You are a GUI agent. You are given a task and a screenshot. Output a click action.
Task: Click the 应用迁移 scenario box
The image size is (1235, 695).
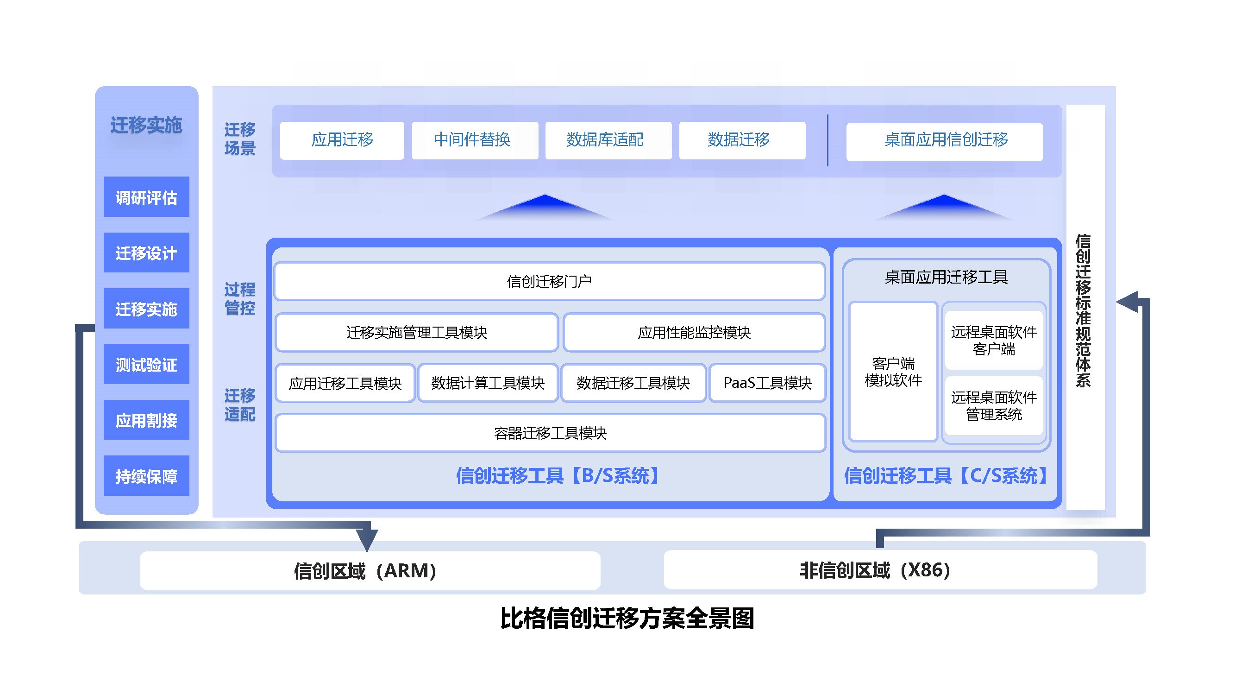[342, 140]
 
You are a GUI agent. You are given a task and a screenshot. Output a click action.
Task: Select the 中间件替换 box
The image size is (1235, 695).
[475, 140]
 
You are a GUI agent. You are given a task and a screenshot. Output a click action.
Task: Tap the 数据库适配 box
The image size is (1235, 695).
[608, 140]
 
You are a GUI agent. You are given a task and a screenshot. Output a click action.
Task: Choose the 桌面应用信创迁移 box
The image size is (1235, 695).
[944, 141]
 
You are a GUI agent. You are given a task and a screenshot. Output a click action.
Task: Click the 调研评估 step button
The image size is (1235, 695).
[146, 196]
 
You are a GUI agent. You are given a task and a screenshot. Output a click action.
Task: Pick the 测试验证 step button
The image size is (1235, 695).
[146, 364]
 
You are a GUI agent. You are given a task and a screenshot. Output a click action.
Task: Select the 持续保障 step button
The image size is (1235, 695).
[146, 475]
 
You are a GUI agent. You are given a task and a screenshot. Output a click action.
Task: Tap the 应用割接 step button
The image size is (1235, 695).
[146, 420]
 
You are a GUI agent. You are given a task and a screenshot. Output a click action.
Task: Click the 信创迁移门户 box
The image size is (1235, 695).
[549, 281]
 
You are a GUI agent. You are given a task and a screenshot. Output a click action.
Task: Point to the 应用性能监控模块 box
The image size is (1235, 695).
[694, 332]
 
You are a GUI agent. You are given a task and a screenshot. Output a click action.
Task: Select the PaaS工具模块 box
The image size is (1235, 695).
[767, 383]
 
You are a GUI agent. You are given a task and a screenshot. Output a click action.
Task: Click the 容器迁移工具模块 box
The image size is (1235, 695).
[550, 433]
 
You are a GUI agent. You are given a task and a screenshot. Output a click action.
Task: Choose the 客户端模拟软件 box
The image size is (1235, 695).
[893, 371]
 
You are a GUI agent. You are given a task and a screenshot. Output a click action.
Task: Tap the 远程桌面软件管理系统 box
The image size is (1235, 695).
[993, 406]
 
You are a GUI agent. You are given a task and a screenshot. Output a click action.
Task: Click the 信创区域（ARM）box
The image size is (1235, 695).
[370, 570]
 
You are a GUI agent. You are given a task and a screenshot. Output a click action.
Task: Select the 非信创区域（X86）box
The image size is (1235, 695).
[880, 569]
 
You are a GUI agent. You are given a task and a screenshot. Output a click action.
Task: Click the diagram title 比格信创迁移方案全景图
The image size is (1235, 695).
[627, 618]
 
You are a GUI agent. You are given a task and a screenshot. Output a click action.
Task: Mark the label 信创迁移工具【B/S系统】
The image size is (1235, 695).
[558, 476]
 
